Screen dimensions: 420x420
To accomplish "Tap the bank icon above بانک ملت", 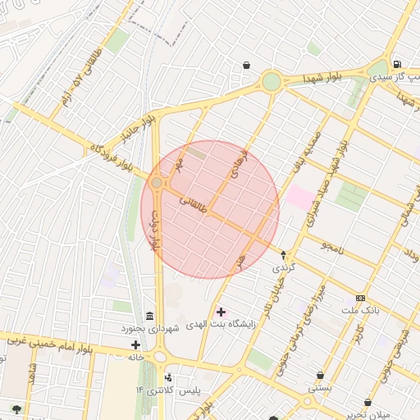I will pos(360,298).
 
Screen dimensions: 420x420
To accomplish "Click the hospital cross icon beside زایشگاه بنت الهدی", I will pos(221,312).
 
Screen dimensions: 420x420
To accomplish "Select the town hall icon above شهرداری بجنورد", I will pos(149,317).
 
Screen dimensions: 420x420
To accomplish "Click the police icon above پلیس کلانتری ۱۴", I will pos(168,377).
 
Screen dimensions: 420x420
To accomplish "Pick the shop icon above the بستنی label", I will pos(320,375).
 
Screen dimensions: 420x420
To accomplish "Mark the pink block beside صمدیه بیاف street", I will pos(299,198).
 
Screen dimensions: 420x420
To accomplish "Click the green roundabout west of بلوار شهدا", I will pos(271,81).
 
